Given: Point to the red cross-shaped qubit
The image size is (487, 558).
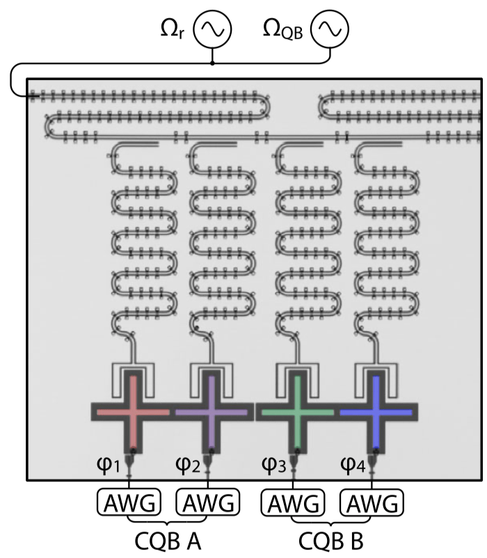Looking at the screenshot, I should tap(131, 412).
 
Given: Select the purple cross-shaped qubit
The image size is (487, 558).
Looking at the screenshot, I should tap(211, 412).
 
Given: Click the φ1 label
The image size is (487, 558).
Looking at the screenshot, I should tap(113, 463).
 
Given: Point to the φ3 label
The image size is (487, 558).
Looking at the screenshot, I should tap(274, 463).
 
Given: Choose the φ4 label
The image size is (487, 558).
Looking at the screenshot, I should tap(353, 463).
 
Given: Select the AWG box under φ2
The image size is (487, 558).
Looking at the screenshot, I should tap(209, 502).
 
